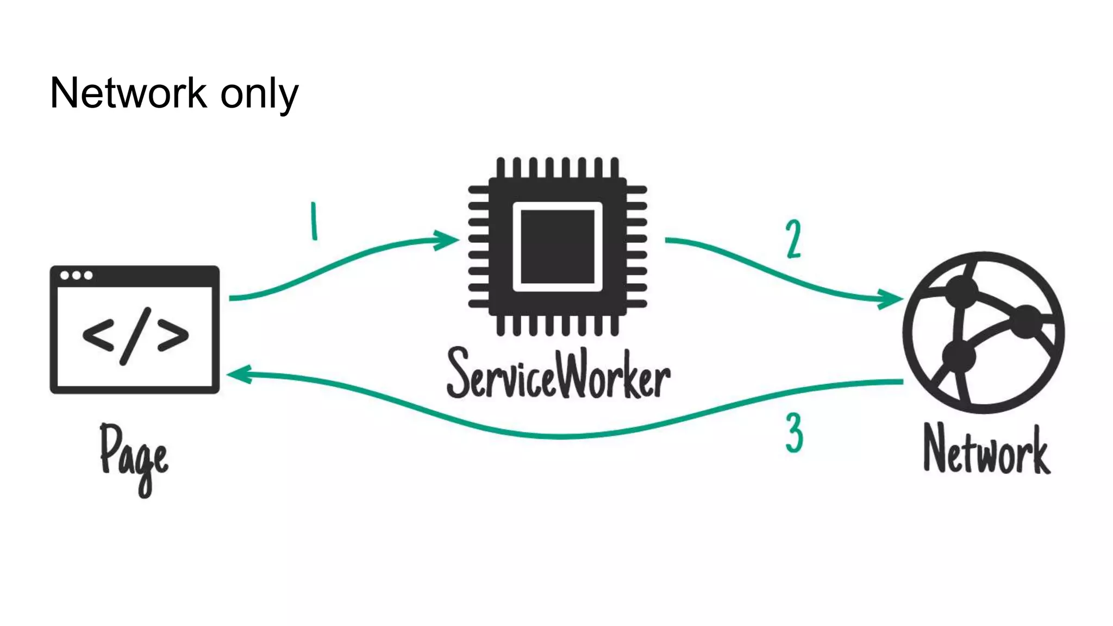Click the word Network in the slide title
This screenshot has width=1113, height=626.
click(128, 93)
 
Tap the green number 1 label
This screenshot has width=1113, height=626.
click(314, 221)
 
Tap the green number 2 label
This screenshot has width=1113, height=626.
click(793, 239)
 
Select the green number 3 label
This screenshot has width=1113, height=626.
click(794, 433)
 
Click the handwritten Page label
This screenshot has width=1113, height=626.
click(134, 456)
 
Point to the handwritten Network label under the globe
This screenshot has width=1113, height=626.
click(986, 450)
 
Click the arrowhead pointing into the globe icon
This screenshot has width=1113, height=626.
click(891, 298)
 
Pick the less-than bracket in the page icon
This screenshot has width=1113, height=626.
click(98, 335)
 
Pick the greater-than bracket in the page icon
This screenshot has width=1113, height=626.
click(173, 335)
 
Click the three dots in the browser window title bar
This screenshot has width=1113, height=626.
click(76, 276)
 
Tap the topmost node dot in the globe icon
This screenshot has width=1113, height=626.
click(961, 292)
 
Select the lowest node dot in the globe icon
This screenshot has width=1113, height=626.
click(959, 356)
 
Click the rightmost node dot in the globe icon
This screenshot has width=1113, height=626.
click(1026, 321)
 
